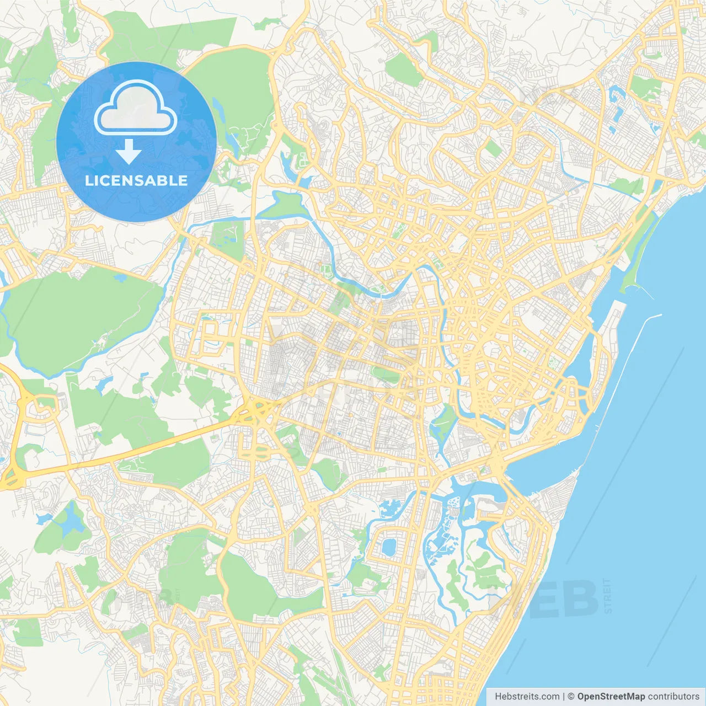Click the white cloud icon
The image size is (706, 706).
tap(136, 108)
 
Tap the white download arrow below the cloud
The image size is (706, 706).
tap(129, 152)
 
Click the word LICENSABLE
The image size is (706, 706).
tap(136, 180)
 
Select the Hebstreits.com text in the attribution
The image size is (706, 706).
tap(527, 697)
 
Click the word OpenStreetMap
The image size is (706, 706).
tap(611, 697)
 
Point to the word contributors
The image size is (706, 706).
tap(673, 697)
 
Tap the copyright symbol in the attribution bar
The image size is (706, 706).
tap(571, 697)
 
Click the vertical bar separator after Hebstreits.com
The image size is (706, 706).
tap(564, 697)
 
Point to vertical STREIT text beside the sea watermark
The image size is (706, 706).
tap(608, 596)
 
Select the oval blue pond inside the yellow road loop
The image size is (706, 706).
tap(389, 547)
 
